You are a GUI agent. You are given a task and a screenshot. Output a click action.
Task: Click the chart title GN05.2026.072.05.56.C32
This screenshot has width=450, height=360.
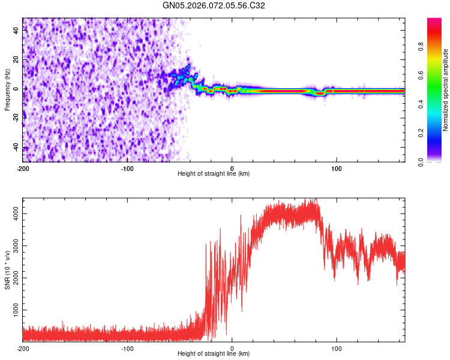click(x=214, y=5)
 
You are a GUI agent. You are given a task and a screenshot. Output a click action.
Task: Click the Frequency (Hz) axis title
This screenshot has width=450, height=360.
click(x=7, y=89)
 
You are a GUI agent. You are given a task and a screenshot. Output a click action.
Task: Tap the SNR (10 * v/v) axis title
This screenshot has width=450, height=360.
click(x=7, y=270)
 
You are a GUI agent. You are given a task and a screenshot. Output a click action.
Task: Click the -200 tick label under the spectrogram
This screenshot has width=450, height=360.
click(x=23, y=168)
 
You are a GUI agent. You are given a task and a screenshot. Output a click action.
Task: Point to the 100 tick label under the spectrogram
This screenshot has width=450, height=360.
click(x=337, y=168)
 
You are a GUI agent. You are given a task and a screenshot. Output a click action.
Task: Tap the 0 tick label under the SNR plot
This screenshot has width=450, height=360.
click(x=232, y=348)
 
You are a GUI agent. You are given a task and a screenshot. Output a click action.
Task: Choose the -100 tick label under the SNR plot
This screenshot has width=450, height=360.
click(x=127, y=348)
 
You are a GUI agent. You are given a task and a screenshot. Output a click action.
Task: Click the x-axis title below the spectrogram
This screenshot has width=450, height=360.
click(x=214, y=174)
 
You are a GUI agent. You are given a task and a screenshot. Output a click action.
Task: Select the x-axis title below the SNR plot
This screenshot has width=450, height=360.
click(x=214, y=354)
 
